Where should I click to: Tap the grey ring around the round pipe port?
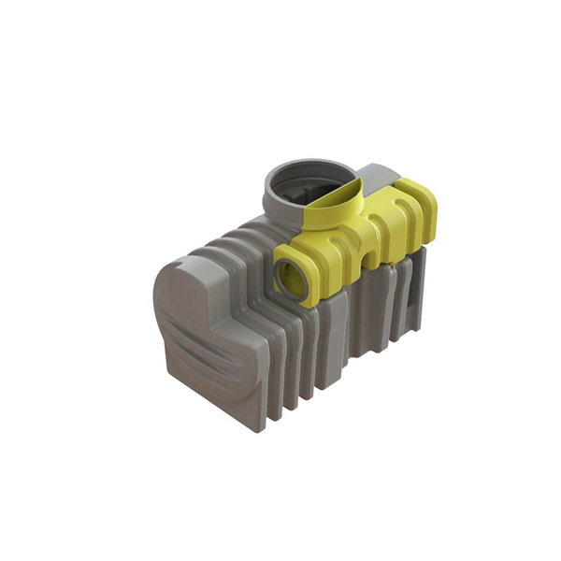pyautogui.click(x=280, y=278)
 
